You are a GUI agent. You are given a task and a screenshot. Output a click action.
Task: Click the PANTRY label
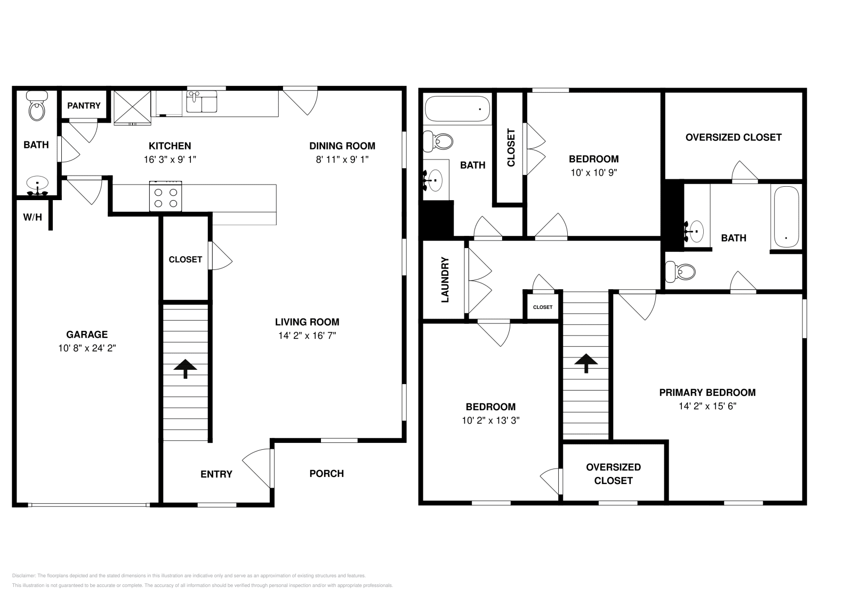pyautogui.click(x=84, y=106)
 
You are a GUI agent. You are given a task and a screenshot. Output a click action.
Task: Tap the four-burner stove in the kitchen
pyautogui.click(x=166, y=196)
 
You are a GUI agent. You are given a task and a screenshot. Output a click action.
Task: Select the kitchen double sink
pyautogui.click(x=202, y=101)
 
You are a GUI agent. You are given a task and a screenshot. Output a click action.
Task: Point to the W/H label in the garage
pyautogui.click(x=33, y=217)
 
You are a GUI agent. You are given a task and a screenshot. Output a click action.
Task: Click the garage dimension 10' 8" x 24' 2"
pyautogui.click(x=87, y=348)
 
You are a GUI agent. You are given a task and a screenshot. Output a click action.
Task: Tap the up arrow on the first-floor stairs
pyautogui.click(x=186, y=369)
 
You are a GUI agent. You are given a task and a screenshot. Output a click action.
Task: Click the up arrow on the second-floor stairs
pyautogui.click(x=586, y=363)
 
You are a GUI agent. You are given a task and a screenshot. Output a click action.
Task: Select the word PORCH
pyautogui.click(x=327, y=474)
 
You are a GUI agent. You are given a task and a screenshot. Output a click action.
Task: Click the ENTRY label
pyautogui.click(x=216, y=474)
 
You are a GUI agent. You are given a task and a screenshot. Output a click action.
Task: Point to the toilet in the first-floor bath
pyautogui.click(x=37, y=106)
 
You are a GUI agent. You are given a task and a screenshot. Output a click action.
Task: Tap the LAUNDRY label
pyautogui.click(x=445, y=280)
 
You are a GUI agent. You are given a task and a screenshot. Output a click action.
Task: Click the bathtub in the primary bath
pyautogui.click(x=787, y=217)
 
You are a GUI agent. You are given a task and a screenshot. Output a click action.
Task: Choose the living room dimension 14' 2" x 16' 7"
pyautogui.click(x=307, y=335)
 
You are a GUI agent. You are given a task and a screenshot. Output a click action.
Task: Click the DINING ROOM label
pyautogui.click(x=342, y=146)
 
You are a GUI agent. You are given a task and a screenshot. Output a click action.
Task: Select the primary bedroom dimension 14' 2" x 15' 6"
pyautogui.click(x=707, y=406)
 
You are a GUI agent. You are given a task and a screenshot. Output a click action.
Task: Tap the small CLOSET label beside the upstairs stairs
pyautogui.click(x=543, y=307)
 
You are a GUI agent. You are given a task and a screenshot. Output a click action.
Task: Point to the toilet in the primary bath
pyautogui.click(x=680, y=272)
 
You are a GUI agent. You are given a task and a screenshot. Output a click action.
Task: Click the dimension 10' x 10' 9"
pyautogui.click(x=594, y=172)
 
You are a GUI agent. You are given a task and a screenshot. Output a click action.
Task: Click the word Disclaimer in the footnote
pyautogui.click(x=23, y=576)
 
